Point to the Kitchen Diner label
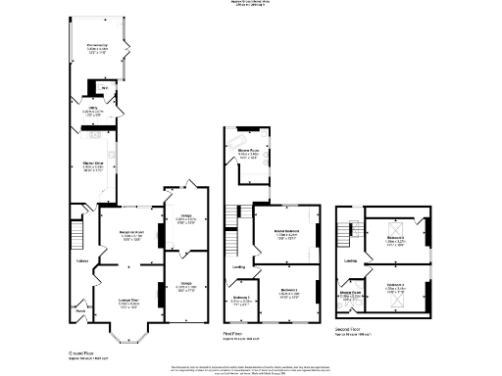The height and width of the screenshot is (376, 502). tap(94, 166)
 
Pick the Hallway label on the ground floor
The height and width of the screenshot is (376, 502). tap(82, 260)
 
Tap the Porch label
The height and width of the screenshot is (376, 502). tap(79, 313)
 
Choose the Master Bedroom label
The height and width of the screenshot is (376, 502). tap(285, 232)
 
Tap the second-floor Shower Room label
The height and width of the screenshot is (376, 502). tap(349, 293)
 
